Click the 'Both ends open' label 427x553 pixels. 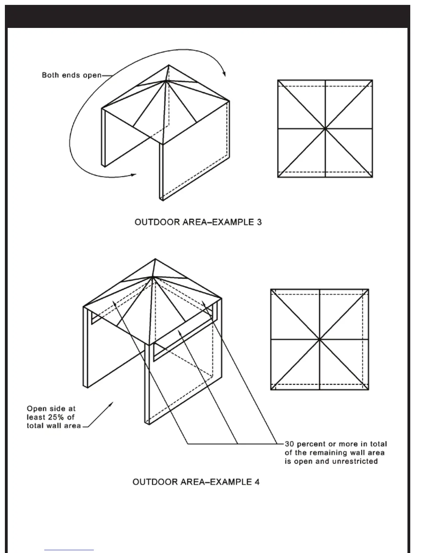point(72,75)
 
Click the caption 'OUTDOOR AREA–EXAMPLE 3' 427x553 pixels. point(198,222)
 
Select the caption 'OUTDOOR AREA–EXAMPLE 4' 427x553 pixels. point(196,482)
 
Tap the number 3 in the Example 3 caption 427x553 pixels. point(259,222)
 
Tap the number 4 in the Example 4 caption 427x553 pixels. point(257,482)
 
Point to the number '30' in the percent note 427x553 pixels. point(290,444)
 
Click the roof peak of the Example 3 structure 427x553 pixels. point(169,65)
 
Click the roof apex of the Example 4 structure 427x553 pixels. point(155,259)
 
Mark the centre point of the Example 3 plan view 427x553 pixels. point(325,129)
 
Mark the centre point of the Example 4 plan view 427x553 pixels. point(320,339)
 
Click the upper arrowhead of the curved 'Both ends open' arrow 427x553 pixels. point(224,74)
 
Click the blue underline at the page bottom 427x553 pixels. point(69,550)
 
